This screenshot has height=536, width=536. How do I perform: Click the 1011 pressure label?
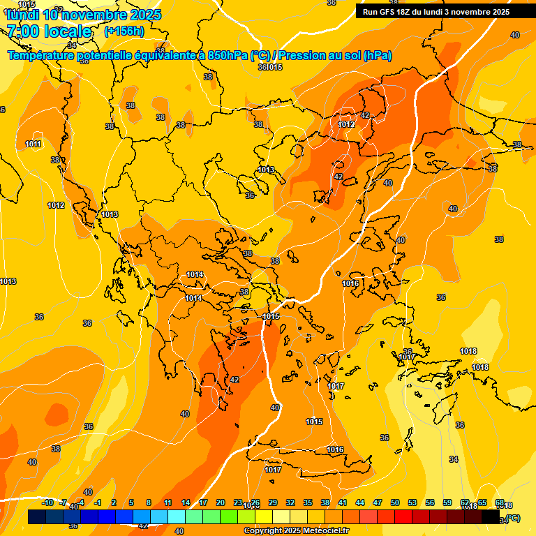pos(33,144)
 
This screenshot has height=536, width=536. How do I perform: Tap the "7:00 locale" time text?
pos(49,31)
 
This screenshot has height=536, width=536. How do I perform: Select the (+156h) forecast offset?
pos(124,31)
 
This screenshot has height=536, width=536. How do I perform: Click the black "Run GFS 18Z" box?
pos(436,11)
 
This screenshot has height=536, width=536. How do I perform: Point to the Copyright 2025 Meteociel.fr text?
pos(296,531)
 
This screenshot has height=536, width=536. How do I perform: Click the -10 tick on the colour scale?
pos(48,502)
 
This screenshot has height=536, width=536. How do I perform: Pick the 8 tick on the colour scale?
pos(149,502)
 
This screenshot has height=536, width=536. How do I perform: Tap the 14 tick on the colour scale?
pos(186,502)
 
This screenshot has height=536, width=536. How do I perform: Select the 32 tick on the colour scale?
pos(290,502)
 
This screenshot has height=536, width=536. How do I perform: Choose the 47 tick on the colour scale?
pos(378,502)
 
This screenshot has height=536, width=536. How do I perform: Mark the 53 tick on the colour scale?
pos(412,502)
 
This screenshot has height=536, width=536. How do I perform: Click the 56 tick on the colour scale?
pos(430,502)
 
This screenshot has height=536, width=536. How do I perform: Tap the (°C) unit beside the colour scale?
pos(512,518)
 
